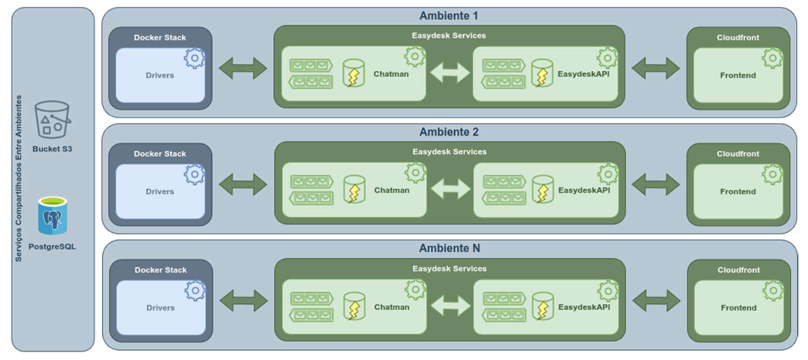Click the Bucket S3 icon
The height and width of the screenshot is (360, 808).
(52, 120)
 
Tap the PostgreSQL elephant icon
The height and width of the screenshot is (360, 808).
(53, 216)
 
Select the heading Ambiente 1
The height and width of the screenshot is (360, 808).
(449, 15)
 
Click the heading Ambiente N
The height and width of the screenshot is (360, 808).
(449, 248)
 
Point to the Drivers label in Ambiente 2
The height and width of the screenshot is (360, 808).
(160, 191)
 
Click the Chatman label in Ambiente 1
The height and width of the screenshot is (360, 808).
(391, 74)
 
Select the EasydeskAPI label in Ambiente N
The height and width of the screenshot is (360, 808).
(584, 307)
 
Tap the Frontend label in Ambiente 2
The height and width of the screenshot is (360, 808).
(738, 191)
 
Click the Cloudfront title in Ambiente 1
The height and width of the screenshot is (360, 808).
(738, 37)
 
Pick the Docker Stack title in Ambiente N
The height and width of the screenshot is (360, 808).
(160, 270)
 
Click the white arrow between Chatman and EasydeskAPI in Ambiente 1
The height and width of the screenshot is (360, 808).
(450, 73)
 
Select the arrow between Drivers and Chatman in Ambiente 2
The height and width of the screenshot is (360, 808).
(243, 184)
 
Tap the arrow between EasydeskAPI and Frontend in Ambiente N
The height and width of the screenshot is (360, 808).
(656, 300)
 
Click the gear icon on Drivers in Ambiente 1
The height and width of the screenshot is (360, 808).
(194, 58)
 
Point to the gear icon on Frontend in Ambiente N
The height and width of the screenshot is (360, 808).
(773, 290)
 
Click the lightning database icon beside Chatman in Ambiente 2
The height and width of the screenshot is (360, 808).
(354, 190)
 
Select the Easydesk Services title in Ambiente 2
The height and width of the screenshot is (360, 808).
(449, 152)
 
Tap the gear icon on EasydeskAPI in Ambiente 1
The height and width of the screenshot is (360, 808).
(608, 57)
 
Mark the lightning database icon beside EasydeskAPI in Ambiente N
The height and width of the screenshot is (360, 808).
(543, 307)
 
